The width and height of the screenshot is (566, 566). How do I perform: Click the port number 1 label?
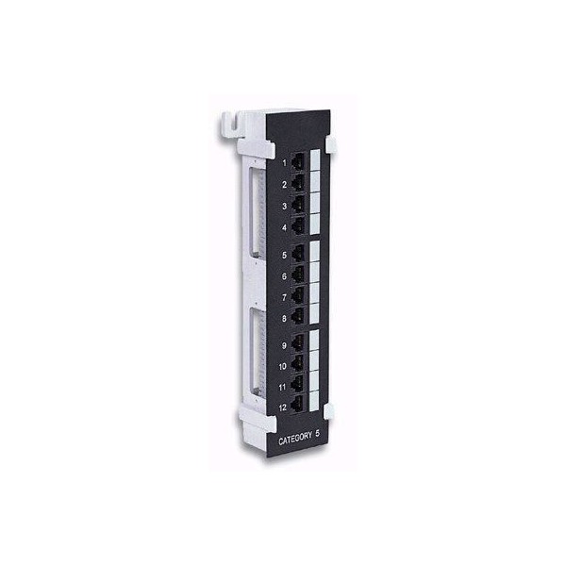(x=284, y=163)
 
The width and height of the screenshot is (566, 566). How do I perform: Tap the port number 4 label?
(x=285, y=227)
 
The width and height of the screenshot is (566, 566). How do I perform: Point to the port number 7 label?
(x=284, y=297)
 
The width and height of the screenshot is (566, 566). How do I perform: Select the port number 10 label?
(x=283, y=366)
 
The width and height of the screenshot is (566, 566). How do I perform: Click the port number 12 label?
(x=283, y=408)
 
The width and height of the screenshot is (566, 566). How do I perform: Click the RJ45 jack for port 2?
(x=298, y=183)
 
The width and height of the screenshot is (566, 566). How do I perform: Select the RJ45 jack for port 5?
(x=298, y=254)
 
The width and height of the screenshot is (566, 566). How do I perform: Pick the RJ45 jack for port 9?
(x=298, y=343)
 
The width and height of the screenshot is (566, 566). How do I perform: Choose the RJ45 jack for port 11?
(x=298, y=384)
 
